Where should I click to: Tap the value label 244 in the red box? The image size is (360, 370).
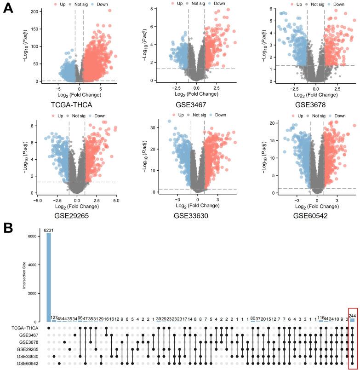(x=352, y=316)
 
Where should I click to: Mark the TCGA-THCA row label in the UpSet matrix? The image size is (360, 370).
(x=28, y=328)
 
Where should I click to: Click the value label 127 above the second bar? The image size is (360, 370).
(x=54, y=318)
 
